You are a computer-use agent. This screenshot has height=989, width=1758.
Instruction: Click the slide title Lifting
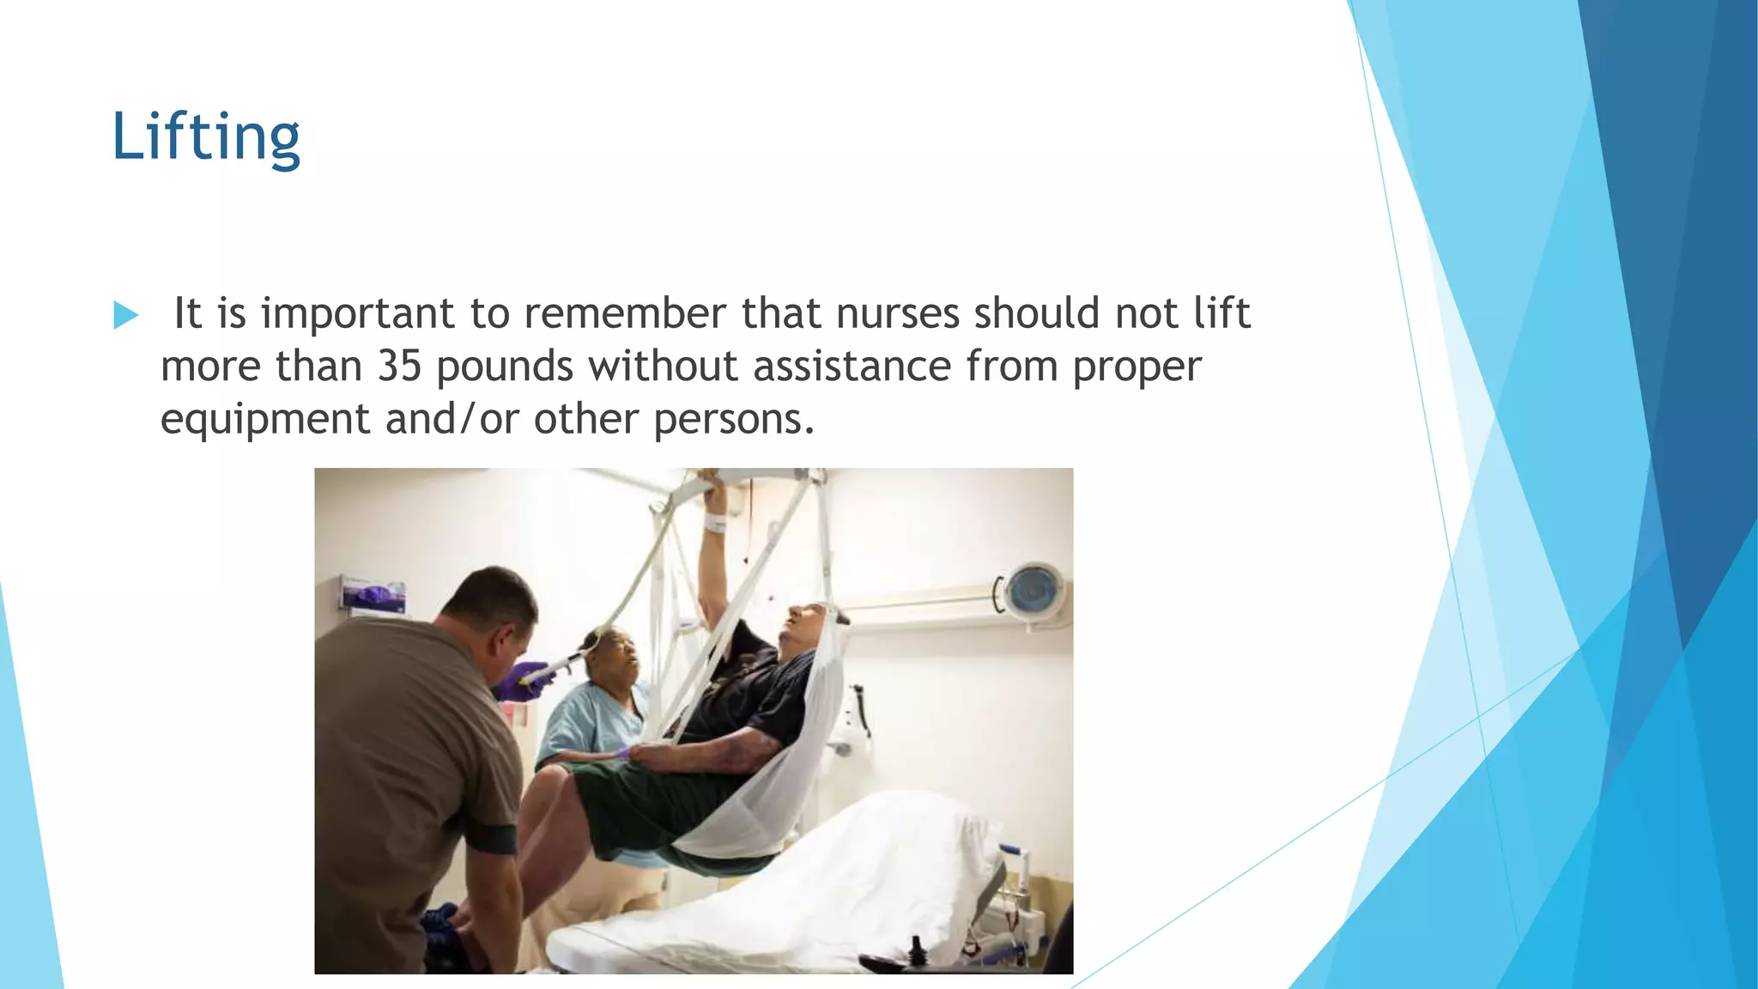point(206,137)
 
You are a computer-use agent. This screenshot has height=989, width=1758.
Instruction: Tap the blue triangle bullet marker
point(125,315)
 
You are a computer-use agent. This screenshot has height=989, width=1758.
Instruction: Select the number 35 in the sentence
point(399,367)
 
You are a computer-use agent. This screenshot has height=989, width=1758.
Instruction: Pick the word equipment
point(265,421)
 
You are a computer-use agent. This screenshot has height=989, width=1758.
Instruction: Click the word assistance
point(852,367)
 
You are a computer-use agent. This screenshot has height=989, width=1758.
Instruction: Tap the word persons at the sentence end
point(732,421)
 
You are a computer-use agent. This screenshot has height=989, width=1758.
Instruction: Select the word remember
point(625,313)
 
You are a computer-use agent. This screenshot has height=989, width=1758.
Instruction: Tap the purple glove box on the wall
point(373,594)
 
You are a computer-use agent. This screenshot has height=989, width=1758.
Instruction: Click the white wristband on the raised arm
point(715,522)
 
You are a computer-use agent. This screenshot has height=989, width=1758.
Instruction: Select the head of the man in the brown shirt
point(491,611)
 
